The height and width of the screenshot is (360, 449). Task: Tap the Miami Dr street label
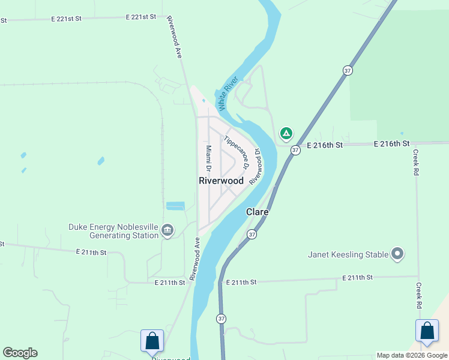pyautogui.click(x=208, y=157)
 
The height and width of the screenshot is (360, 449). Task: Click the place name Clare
pyautogui.click(x=257, y=212)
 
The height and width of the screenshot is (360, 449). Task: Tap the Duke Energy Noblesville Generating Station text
pyautogui.click(x=113, y=232)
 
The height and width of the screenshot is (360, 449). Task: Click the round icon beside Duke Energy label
pyautogui.click(x=167, y=230)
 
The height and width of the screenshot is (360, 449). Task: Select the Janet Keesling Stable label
pyautogui.click(x=348, y=254)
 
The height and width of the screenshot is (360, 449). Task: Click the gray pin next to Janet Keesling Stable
pyautogui.click(x=397, y=254)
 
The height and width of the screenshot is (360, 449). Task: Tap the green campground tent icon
pyautogui.click(x=286, y=133)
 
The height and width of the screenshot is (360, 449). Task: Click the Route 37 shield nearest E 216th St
pyautogui.click(x=295, y=150)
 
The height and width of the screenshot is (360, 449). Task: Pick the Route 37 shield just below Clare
pyautogui.click(x=252, y=234)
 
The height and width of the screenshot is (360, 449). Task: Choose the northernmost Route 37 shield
pyautogui.click(x=348, y=71)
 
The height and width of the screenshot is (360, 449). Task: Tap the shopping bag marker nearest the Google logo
pyautogui.click(x=152, y=340)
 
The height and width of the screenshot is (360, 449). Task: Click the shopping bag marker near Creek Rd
pyautogui.click(x=427, y=331)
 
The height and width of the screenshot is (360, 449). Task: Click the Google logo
pyautogui.click(x=20, y=353)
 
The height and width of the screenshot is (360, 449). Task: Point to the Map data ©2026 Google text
pyautogui.click(x=412, y=355)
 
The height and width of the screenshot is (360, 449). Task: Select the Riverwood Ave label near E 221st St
pyautogui.click(x=175, y=37)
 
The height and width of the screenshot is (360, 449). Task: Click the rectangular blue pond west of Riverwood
pyautogui.click(x=175, y=206)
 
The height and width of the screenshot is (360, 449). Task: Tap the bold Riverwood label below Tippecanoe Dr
pyautogui.click(x=221, y=181)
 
